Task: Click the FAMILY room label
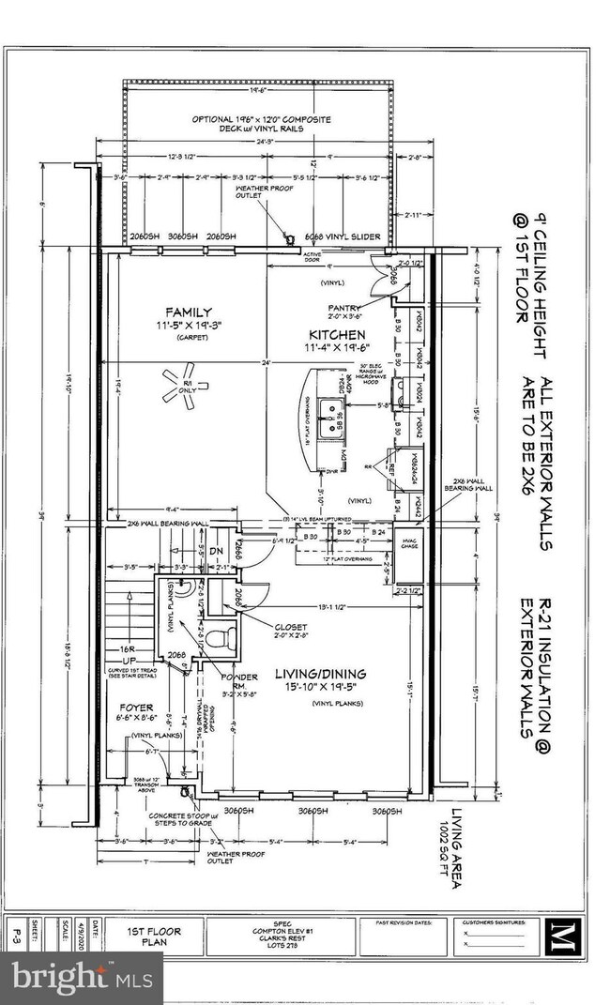[x=189, y=312]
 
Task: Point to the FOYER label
[x=136, y=708]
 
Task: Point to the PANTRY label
[x=345, y=307]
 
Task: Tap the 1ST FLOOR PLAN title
[x=154, y=936]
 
